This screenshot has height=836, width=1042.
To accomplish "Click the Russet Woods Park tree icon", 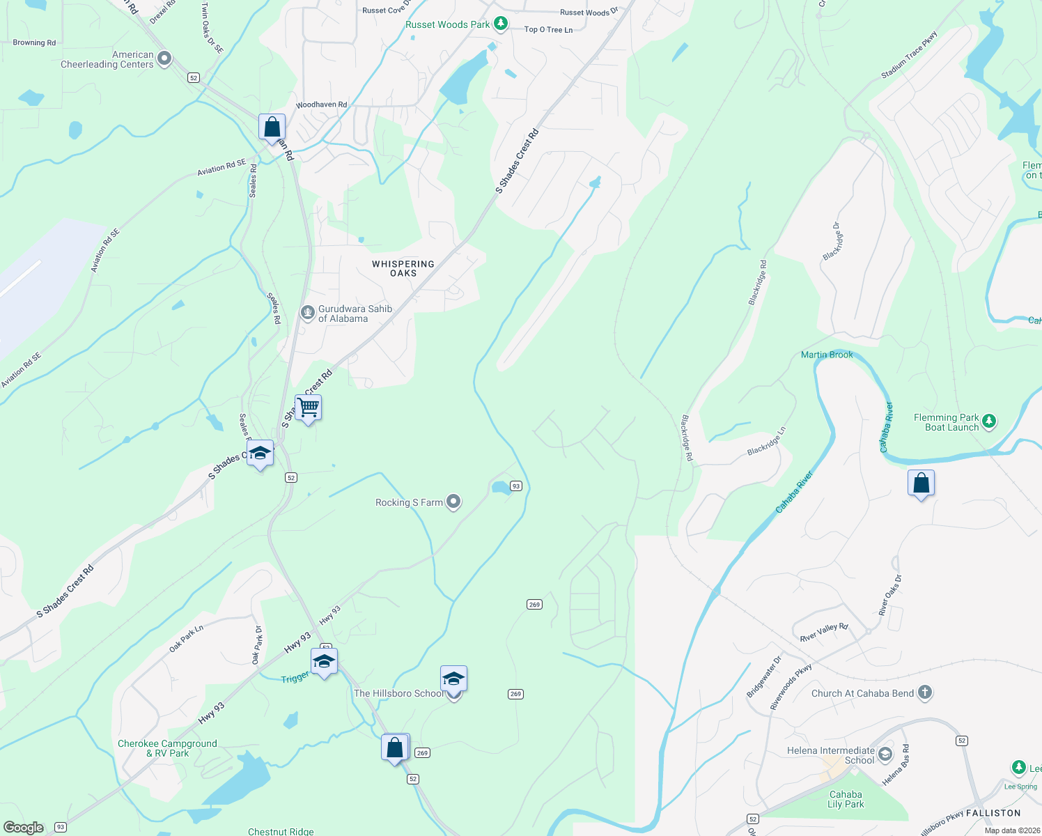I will pos(500,24).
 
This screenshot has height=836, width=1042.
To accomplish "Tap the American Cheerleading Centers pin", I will pos(164,59).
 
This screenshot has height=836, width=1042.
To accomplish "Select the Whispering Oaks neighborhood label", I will pos(403,268).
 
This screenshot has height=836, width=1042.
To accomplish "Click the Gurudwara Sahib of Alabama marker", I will pos(307,313).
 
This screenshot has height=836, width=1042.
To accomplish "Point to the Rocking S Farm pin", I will pos(453,502).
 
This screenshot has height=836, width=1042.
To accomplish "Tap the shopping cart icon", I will pos(308,408).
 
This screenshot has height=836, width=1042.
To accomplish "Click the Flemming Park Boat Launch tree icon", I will pos(988,421).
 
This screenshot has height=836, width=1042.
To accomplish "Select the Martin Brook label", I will pos(827,355).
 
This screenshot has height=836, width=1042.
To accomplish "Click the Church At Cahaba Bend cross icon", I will pos(925,692).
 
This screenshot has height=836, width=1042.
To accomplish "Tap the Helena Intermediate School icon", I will pos(885,754).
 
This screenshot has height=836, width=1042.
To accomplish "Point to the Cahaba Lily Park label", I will pos(846,799).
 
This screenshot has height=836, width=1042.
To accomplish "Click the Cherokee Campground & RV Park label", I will pos(167,748).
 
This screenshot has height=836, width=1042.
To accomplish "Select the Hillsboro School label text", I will pos(398,693).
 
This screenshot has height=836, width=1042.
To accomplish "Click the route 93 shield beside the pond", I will pos(515,486).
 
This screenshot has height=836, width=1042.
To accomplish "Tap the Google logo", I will pos(24,827).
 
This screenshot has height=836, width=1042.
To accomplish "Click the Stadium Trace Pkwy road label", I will pos(909,55).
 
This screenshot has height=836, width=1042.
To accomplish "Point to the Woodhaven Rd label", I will pos(321,104).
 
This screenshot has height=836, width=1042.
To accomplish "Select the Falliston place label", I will pos(993,813).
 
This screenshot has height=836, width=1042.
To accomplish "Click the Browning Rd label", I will pos(34,42).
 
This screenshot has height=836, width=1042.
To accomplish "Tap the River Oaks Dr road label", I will pos(890,596).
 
